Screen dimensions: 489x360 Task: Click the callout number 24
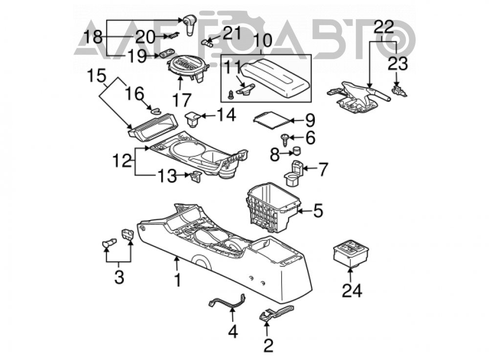click(352, 291)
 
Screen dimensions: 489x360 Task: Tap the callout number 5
click(318, 211)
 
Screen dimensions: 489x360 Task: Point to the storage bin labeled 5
click(273, 207)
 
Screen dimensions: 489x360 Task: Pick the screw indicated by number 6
click(285, 139)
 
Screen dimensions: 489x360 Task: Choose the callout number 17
click(182, 100)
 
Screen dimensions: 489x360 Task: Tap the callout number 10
click(262, 40)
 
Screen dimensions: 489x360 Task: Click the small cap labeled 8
click(297, 151)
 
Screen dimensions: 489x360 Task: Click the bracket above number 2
click(276, 313)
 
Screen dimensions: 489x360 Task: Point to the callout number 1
click(178, 280)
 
